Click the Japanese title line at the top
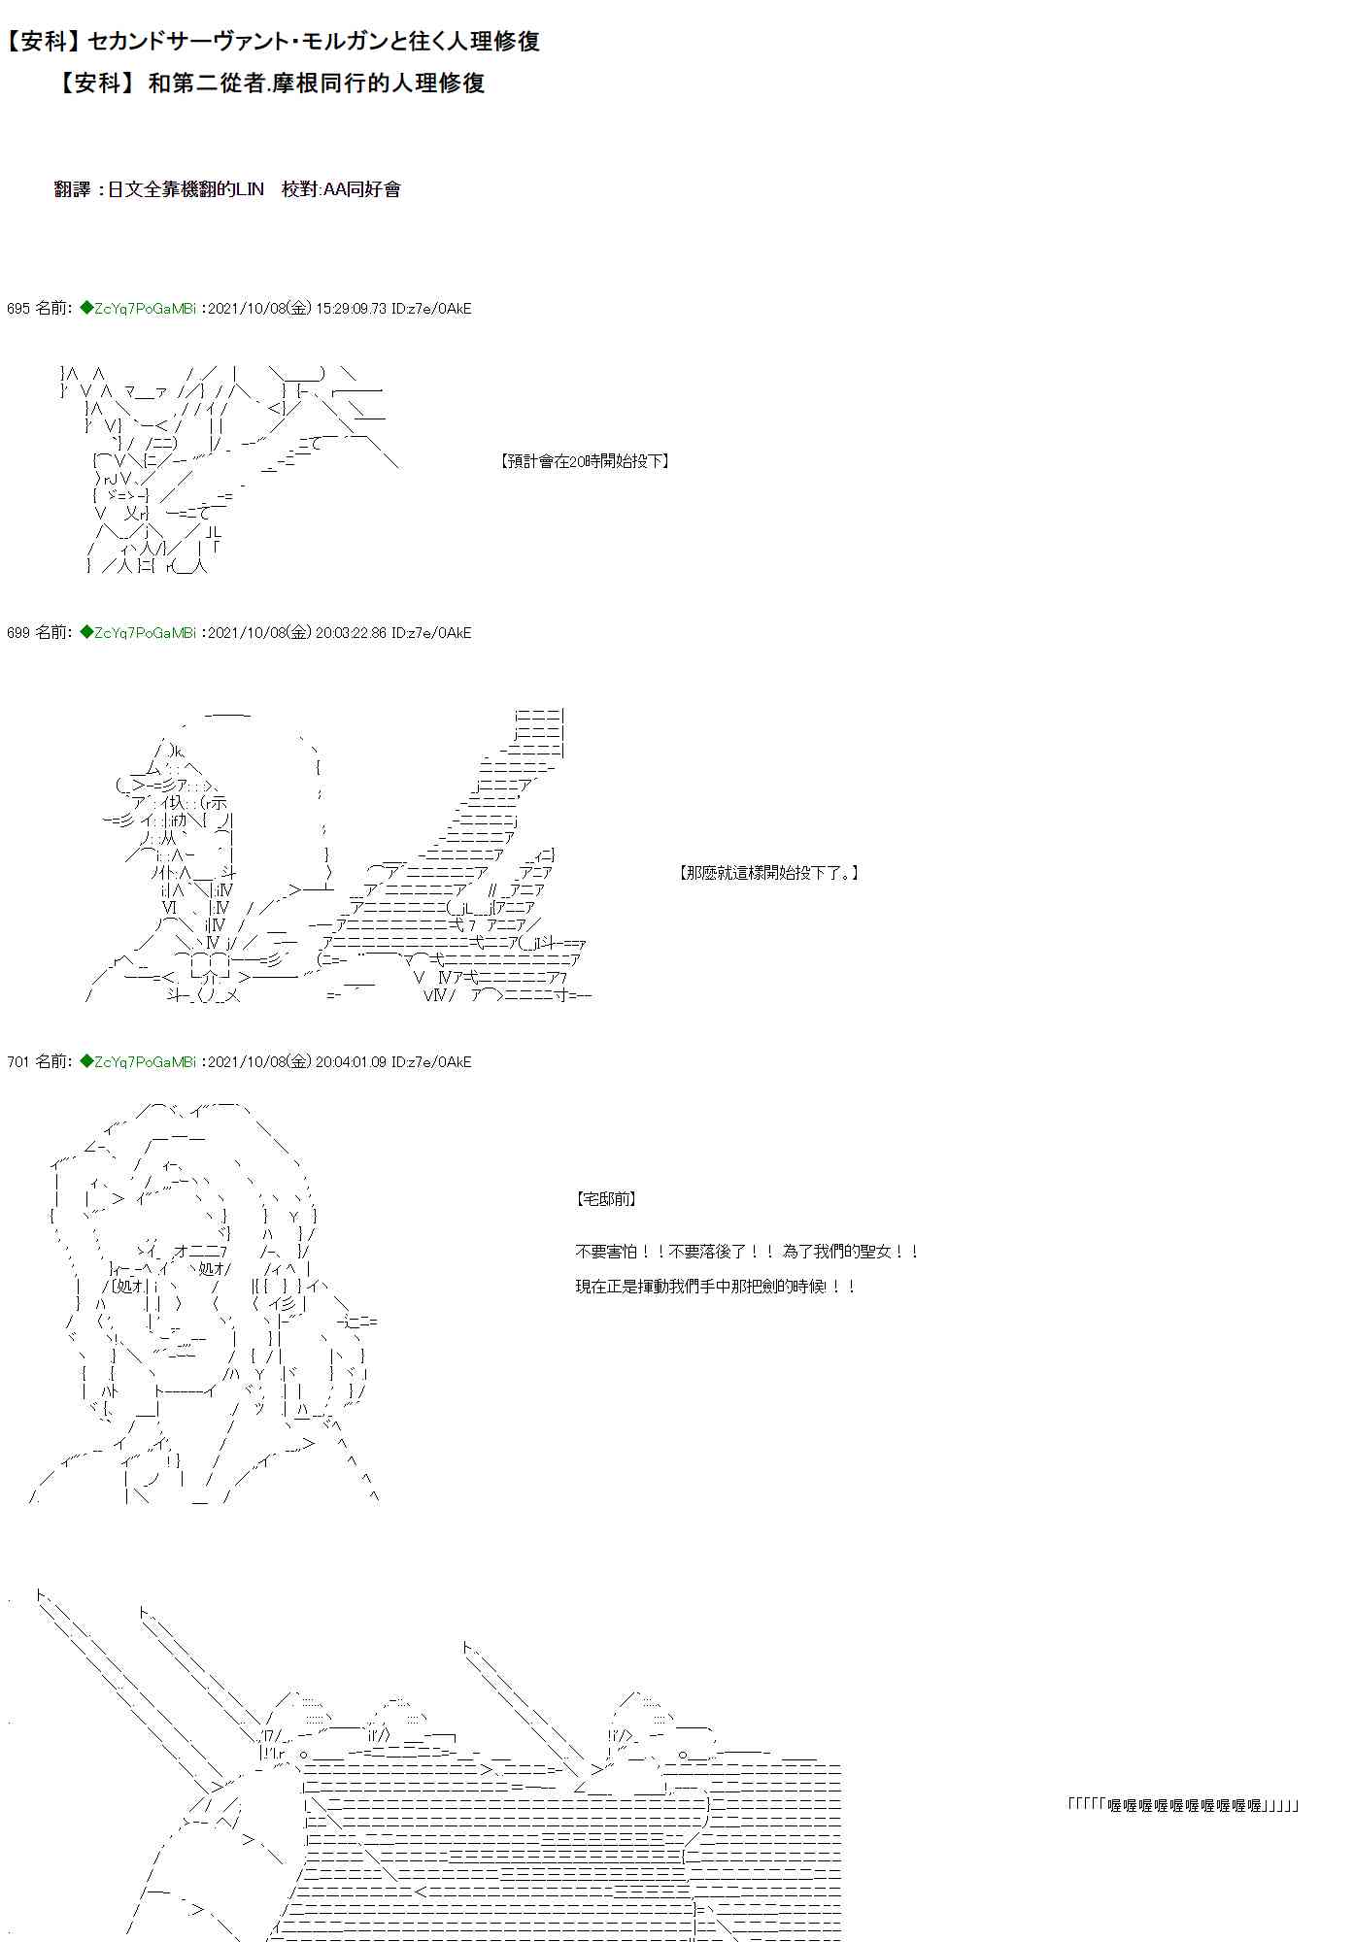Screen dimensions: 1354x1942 click(x=272, y=41)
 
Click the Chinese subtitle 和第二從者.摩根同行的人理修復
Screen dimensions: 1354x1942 click(x=269, y=84)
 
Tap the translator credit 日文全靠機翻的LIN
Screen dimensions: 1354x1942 click(x=186, y=189)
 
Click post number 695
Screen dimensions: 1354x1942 click(x=17, y=309)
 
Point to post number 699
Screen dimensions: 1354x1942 click(x=17, y=633)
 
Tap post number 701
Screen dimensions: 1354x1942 click(x=17, y=1062)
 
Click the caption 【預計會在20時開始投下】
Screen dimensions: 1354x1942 click(x=585, y=461)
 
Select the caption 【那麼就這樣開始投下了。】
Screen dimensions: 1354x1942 click(x=768, y=873)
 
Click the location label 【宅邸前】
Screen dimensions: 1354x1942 click(x=607, y=1199)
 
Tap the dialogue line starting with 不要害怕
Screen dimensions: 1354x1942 click(x=746, y=1253)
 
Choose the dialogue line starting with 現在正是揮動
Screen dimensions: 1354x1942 click(x=716, y=1287)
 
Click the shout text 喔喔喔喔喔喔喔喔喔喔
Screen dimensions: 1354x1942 click(x=1184, y=1805)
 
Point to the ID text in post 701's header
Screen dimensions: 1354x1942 click(x=431, y=1062)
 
